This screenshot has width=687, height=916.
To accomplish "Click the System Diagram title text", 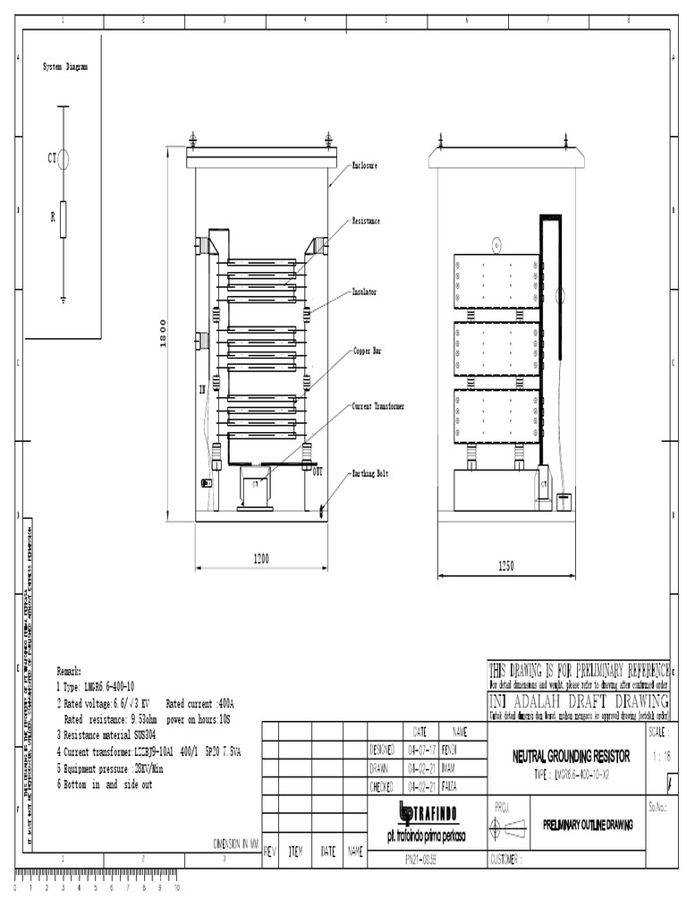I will pyautogui.click(x=66, y=67).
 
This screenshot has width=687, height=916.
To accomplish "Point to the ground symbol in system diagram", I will pyautogui.click(x=63, y=301).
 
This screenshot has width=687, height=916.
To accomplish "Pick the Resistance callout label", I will pyautogui.click(x=367, y=220).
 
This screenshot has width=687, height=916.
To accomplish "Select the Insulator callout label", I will pyautogui.click(x=365, y=292).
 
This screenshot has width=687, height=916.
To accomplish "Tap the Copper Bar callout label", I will pyautogui.click(x=367, y=352).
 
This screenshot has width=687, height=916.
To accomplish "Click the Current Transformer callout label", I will pyautogui.click(x=378, y=406).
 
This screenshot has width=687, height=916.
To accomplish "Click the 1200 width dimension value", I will pyautogui.click(x=261, y=558).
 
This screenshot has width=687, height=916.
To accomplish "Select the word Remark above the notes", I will pyautogui.click(x=69, y=670).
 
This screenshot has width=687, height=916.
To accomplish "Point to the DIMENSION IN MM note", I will pyautogui.click(x=235, y=843).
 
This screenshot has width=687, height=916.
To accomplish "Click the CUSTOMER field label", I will pyautogui.click(x=514, y=860).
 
